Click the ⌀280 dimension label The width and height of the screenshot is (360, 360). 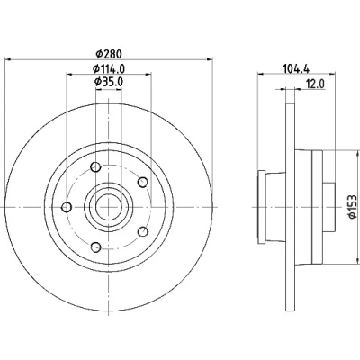coord(109,54)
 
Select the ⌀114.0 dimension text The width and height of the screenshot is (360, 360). coord(109,68)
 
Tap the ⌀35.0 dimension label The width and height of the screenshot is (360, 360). coord(109,82)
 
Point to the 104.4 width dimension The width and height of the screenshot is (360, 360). coord(296,68)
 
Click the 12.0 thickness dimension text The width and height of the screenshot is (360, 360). coord(315,85)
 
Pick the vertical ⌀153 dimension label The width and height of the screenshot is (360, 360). coord(353,207)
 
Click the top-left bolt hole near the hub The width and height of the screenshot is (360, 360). coord(95,166)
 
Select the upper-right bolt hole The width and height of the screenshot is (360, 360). coord(143,182)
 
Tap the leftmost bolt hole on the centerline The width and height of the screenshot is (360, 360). coord(67,207)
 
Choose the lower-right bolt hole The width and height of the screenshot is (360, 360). coord(143,231)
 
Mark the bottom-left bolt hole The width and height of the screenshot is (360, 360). coord(95,247)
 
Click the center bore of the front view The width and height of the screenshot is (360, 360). coord(109,207)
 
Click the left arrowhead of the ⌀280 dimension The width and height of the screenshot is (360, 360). coord(9,59)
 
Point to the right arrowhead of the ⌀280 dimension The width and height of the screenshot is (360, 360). coord(210,59)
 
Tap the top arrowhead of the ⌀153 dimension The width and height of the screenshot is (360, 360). coord(357,153)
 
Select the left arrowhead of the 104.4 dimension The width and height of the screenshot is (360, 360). coord(261,74)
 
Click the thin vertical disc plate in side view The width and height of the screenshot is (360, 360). coord(290,207)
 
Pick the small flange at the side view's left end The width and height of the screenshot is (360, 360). coord(262,207)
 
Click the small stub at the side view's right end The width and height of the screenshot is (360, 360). coord(328,207)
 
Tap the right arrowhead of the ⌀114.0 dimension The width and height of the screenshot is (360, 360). coord(148,74)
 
